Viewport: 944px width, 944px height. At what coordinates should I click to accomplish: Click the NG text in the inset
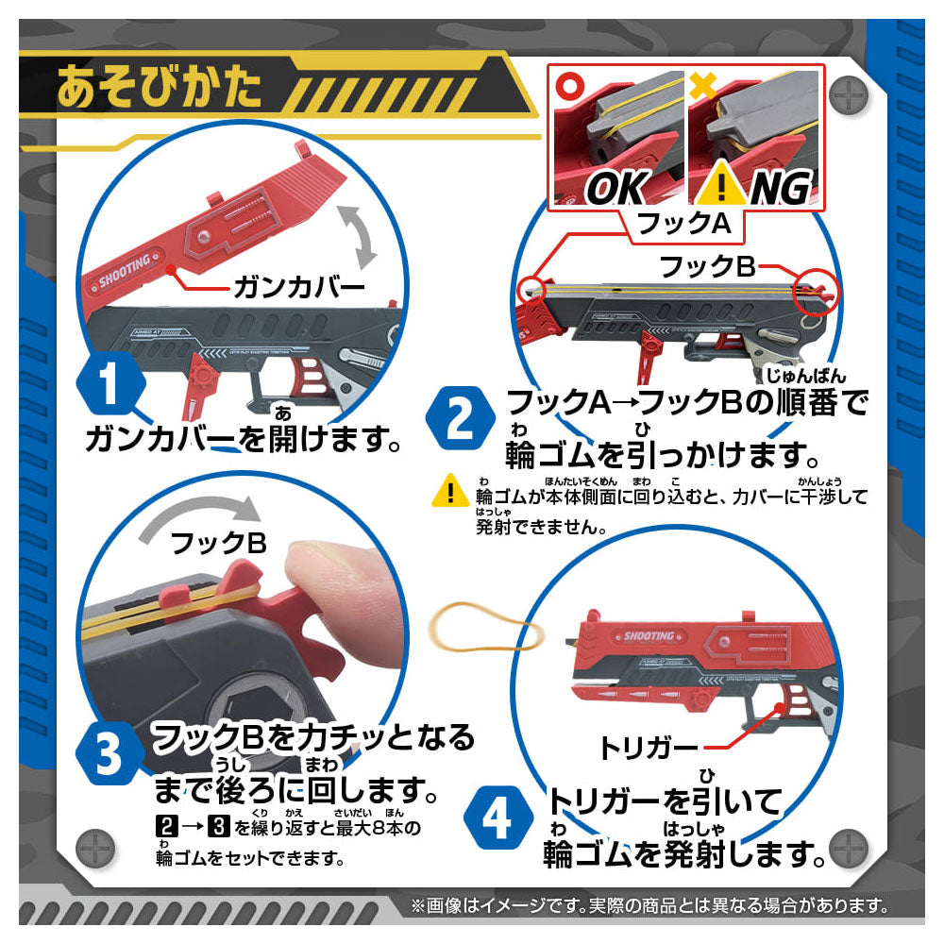(x=778, y=189)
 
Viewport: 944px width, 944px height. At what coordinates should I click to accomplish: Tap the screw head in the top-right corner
(x=851, y=94)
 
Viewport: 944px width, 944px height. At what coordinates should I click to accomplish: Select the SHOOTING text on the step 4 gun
(x=649, y=635)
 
